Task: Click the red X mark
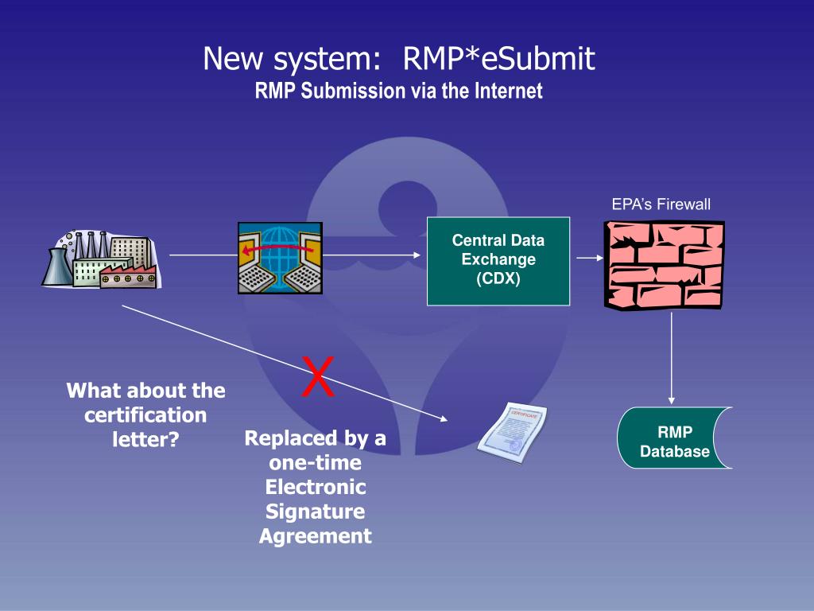[x=318, y=376]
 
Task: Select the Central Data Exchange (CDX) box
[x=498, y=261]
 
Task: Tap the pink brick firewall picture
[x=664, y=265]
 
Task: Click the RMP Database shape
[x=674, y=438]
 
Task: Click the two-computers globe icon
[x=281, y=258]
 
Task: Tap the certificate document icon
[x=513, y=432]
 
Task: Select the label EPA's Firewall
[x=661, y=204]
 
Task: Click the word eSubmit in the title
[x=538, y=58]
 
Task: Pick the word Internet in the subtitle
[x=508, y=91]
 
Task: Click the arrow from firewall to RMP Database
[x=671, y=358]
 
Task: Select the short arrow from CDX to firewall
[x=590, y=258]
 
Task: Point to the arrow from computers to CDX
[x=372, y=255]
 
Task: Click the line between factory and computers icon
[x=203, y=255]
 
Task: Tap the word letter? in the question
[x=145, y=439]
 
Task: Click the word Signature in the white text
[x=315, y=512]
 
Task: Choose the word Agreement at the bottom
[x=315, y=535]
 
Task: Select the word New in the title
[x=232, y=58]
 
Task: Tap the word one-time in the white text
[x=315, y=462]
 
